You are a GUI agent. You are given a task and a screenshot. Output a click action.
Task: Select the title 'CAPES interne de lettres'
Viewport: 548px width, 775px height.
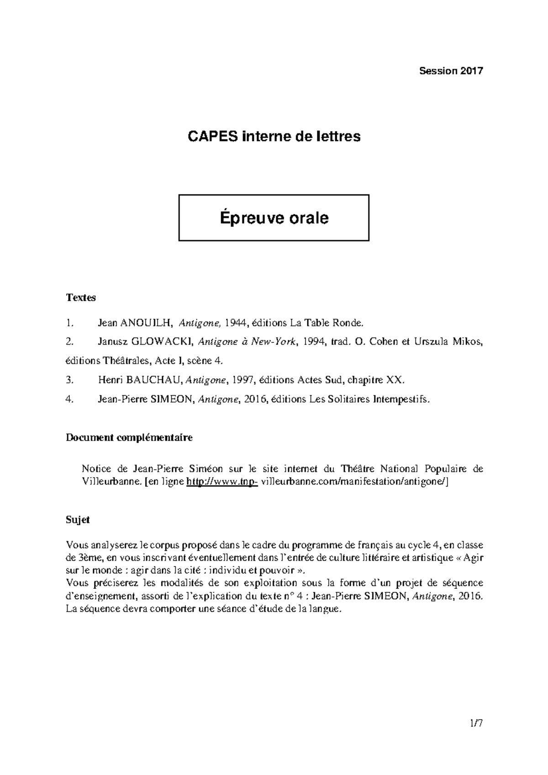(x=274, y=136)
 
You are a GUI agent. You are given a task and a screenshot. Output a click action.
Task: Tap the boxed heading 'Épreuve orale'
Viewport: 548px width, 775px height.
(x=274, y=218)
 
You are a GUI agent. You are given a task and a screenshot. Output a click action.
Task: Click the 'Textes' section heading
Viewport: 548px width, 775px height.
(x=81, y=298)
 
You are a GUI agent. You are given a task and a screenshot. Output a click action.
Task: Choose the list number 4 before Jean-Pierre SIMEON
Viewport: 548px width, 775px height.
(x=69, y=399)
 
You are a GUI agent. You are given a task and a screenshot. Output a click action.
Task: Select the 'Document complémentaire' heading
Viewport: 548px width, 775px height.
(x=129, y=438)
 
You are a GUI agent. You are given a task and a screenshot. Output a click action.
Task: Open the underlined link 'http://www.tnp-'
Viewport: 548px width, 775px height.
(x=222, y=482)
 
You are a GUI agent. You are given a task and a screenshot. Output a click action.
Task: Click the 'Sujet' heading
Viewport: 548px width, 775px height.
(x=78, y=520)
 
